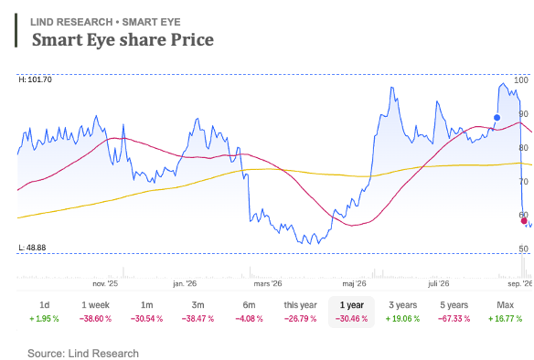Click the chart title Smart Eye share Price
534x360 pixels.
[123, 39]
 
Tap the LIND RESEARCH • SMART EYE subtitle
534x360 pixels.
[105, 22]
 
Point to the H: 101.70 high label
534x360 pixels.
[36, 79]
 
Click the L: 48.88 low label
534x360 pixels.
[32, 248]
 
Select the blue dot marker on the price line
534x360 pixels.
[497, 118]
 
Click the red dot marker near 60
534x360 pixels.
[524, 221]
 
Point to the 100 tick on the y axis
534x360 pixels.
[521, 80]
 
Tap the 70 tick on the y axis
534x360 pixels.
[523, 182]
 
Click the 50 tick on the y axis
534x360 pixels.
[523, 249]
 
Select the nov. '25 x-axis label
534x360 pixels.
[105, 283]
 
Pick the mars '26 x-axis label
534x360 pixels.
[268, 283]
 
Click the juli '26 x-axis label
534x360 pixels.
[439, 283]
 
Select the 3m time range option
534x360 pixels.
[198, 305]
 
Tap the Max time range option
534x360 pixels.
[505, 305]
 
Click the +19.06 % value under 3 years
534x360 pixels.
[402, 319]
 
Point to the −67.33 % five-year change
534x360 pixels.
[454, 319]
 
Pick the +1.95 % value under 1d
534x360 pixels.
[44, 319]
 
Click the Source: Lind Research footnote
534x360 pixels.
[83, 354]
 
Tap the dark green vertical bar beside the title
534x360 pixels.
[16, 30]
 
